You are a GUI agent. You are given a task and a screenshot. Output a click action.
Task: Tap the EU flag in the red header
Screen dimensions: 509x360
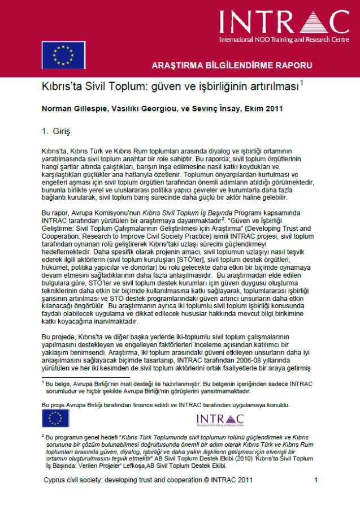(x=63, y=54)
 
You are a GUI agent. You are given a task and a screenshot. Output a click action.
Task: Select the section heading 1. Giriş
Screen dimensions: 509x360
(x=57, y=132)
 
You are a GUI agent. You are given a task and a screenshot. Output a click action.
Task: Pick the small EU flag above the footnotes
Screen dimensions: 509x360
(x=55, y=419)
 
